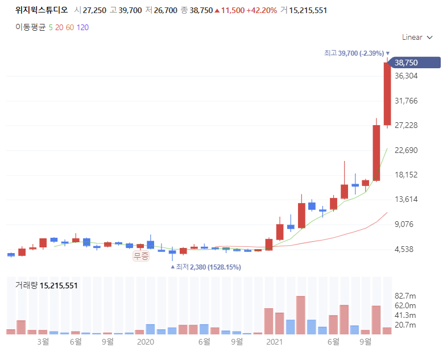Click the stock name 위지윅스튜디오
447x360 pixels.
pos(42,10)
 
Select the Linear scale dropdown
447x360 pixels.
pos(417,38)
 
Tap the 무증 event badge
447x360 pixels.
pos(141,256)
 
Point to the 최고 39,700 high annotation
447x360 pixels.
pos(357,53)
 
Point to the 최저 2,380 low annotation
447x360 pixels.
pos(205,267)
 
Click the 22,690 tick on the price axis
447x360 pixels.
pos(406,150)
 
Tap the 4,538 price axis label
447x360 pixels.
pos(404,250)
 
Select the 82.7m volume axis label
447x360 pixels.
pos(405,296)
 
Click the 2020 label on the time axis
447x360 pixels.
pos(146,342)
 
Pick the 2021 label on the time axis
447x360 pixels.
pos(274,342)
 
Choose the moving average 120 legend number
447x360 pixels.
pos(82,27)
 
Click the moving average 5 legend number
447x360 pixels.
pos(51,27)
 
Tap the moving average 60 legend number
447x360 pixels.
pos(70,27)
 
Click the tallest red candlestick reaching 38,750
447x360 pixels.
pos(387,93)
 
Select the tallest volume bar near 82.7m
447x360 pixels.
pos(301,315)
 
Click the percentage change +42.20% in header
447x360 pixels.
pos(262,11)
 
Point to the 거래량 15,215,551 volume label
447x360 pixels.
pos(47,285)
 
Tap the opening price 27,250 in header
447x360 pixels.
pos(94,11)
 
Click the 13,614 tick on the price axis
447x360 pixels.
pos(406,199)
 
